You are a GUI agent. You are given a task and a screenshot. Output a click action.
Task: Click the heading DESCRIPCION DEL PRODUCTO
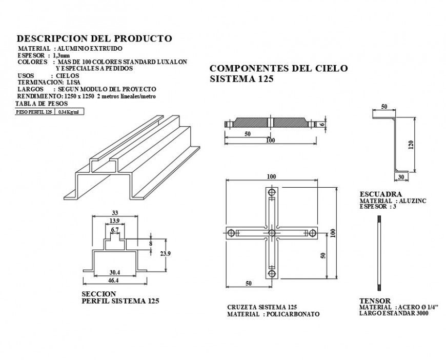pyautogui.click(x=94, y=38)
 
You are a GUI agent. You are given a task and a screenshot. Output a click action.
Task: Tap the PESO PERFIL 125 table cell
pyautogui.click(x=34, y=112)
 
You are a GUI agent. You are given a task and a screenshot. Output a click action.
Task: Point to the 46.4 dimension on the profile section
pyautogui.click(x=113, y=281)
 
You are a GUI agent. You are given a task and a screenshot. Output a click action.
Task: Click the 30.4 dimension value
pyautogui.click(x=114, y=272)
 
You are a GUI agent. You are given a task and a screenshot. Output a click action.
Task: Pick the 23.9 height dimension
pyautogui.click(x=165, y=253)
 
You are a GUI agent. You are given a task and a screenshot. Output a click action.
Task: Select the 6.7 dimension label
pyautogui.click(x=115, y=229)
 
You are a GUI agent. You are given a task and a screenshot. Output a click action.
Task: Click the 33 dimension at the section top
pyautogui.click(x=115, y=213)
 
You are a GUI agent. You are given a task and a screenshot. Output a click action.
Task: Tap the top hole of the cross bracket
pyautogui.click(x=271, y=193)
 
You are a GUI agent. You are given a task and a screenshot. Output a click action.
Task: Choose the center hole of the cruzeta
pyautogui.click(x=271, y=233)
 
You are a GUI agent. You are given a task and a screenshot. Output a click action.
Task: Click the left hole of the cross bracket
pyautogui.click(x=232, y=233)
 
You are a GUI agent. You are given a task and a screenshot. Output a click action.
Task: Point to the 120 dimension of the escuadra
pyautogui.click(x=411, y=145)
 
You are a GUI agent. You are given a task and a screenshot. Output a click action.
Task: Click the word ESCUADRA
pyautogui.click(x=380, y=194)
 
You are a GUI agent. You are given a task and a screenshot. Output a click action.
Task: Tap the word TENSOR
pyautogui.click(x=375, y=301)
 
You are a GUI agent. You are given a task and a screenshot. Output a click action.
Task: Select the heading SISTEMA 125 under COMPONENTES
pyautogui.click(x=241, y=79)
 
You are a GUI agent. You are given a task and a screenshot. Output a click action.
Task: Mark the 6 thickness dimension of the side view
pyautogui.click(x=322, y=124)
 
